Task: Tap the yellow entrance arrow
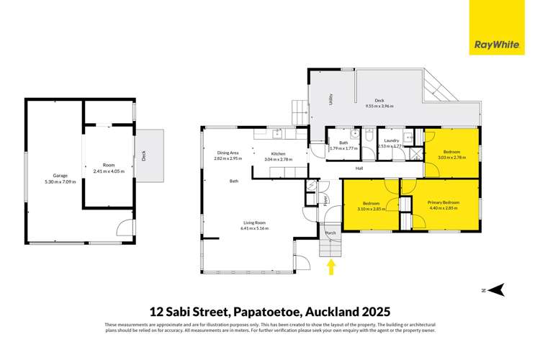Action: pyautogui.click(x=331, y=267)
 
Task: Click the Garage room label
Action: pyautogui.click(x=54, y=175)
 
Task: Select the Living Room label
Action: pyautogui.click(x=255, y=223)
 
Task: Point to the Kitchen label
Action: pyautogui.click(x=279, y=154)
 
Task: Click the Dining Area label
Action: pyautogui.click(x=228, y=153)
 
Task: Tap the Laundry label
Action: pyautogui.click(x=392, y=140)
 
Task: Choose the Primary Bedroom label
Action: pyautogui.click(x=438, y=204)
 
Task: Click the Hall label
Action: pyautogui.click(x=359, y=168)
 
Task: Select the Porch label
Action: pyautogui.click(x=331, y=233)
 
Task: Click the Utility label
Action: pyautogui.click(x=330, y=100)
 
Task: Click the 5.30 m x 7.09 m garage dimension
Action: pyautogui.click(x=54, y=181)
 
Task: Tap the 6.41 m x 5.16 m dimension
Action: pyautogui.click(x=255, y=229)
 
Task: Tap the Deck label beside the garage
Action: pyautogui.click(x=143, y=154)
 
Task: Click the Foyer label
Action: pyautogui.click(x=325, y=199)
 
